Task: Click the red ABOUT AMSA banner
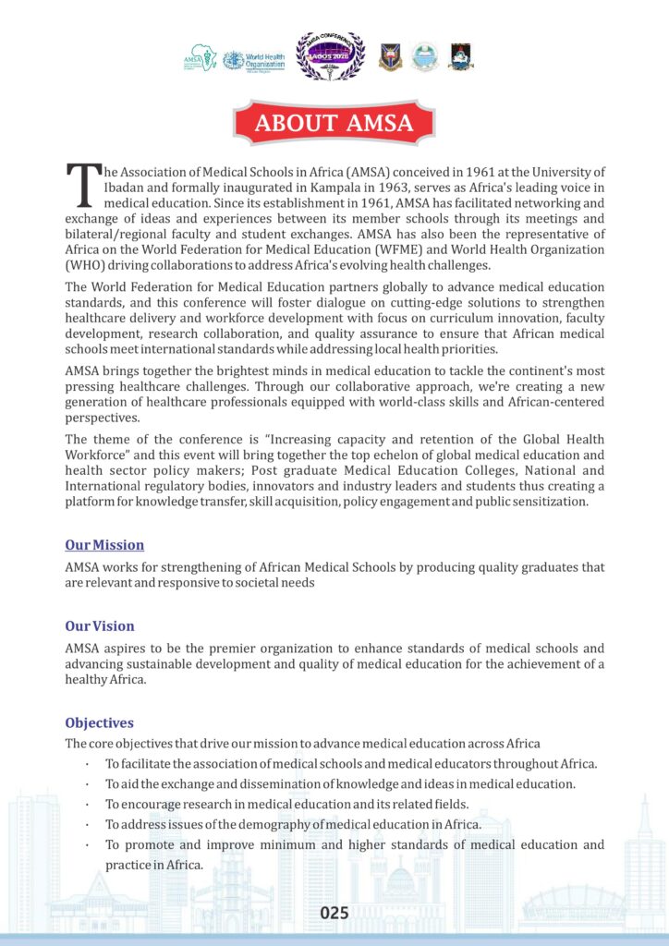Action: pyautogui.click(x=334, y=123)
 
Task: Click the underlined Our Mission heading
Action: pyautogui.click(x=104, y=545)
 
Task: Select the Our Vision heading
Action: pyautogui.click(x=100, y=626)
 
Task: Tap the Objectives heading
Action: pyautogui.click(x=100, y=722)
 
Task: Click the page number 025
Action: pyautogui.click(x=334, y=913)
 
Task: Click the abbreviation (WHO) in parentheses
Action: pyautogui.click(x=87, y=265)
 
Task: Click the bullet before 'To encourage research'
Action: pyautogui.click(x=86, y=804)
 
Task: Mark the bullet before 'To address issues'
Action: pyautogui.click(x=86, y=824)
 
